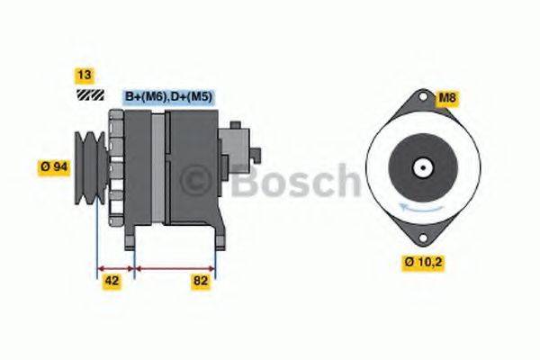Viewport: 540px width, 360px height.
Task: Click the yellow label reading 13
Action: click(84, 76)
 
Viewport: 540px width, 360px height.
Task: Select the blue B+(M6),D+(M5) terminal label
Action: click(169, 97)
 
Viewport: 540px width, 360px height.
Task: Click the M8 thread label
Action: click(447, 98)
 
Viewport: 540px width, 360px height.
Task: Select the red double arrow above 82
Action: click(174, 267)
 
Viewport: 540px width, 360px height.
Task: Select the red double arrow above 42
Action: click(114, 267)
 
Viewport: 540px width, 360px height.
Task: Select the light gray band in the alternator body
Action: click(159, 166)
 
